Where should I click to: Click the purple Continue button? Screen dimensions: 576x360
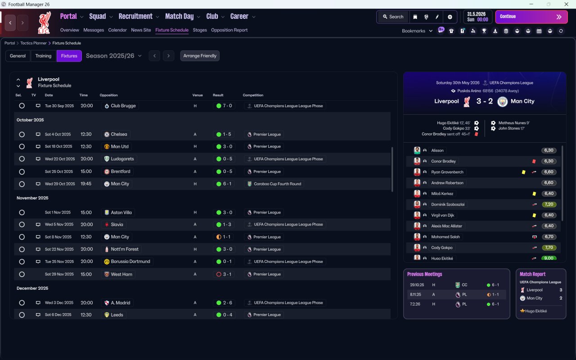click(531, 17)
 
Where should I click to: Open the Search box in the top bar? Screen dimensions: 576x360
click(393, 17)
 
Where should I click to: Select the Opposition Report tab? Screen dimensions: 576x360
click(229, 30)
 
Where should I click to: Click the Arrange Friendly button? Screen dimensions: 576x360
click(200, 56)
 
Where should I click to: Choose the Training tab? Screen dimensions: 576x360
click(43, 56)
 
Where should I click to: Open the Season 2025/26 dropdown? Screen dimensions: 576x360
click(114, 56)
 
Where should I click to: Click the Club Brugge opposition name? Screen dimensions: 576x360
click(123, 106)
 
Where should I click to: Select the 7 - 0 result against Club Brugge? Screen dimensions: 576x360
click(224, 106)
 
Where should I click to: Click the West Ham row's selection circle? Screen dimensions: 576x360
click(22, 274)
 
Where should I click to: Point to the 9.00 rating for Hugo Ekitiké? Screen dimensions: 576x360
click(549, 258)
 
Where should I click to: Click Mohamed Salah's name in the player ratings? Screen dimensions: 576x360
click(445, 237)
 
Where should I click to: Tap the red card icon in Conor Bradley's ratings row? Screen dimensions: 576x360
click(534, 161)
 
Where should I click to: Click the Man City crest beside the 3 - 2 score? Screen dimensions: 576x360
click(502, 102)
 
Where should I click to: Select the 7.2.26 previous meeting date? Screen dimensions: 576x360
click(415, 304)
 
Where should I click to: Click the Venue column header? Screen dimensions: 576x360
click(198, 95)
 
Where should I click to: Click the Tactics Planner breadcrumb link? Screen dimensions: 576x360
click(33, 43)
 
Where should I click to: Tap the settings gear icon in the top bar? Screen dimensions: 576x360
click(450, 17)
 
